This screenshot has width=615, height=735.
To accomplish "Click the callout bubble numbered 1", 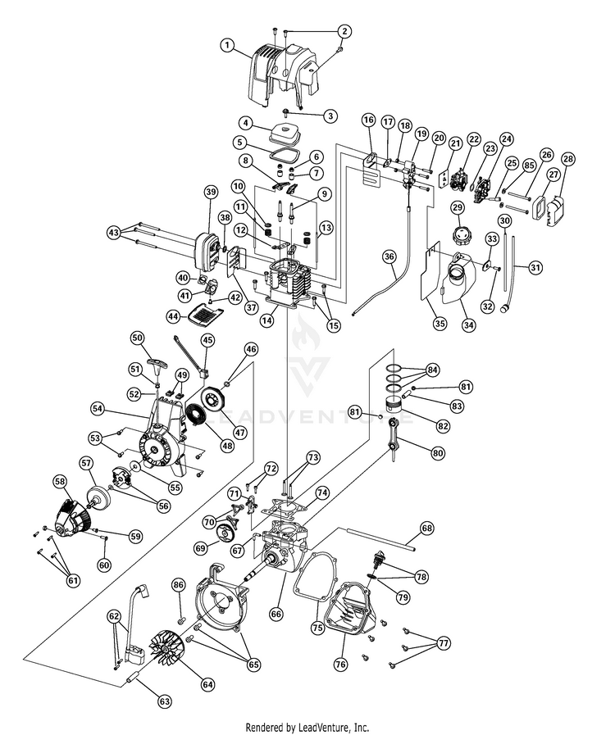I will [x=226, y=46].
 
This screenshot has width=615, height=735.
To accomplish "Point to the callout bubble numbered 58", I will [x=59, y=480].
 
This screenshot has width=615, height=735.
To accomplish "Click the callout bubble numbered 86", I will [x=179, y=584].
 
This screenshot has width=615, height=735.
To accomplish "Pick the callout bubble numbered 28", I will [x=567, y=159].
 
